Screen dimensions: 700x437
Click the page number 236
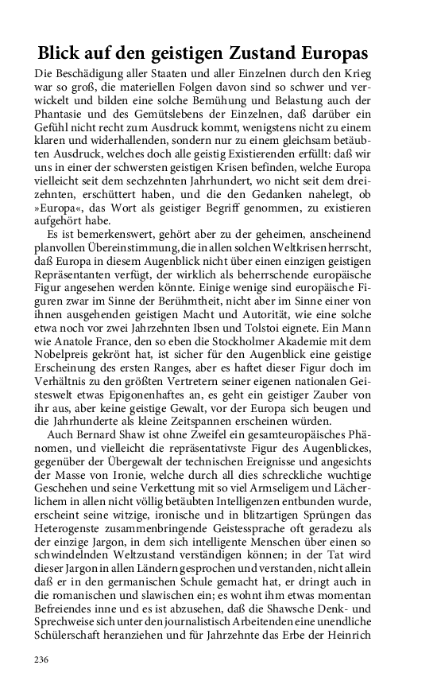pos(41,659)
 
